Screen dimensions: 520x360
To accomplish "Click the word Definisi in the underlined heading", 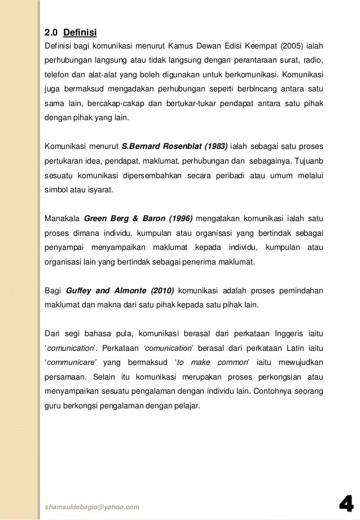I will click(x=80, y=31).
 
